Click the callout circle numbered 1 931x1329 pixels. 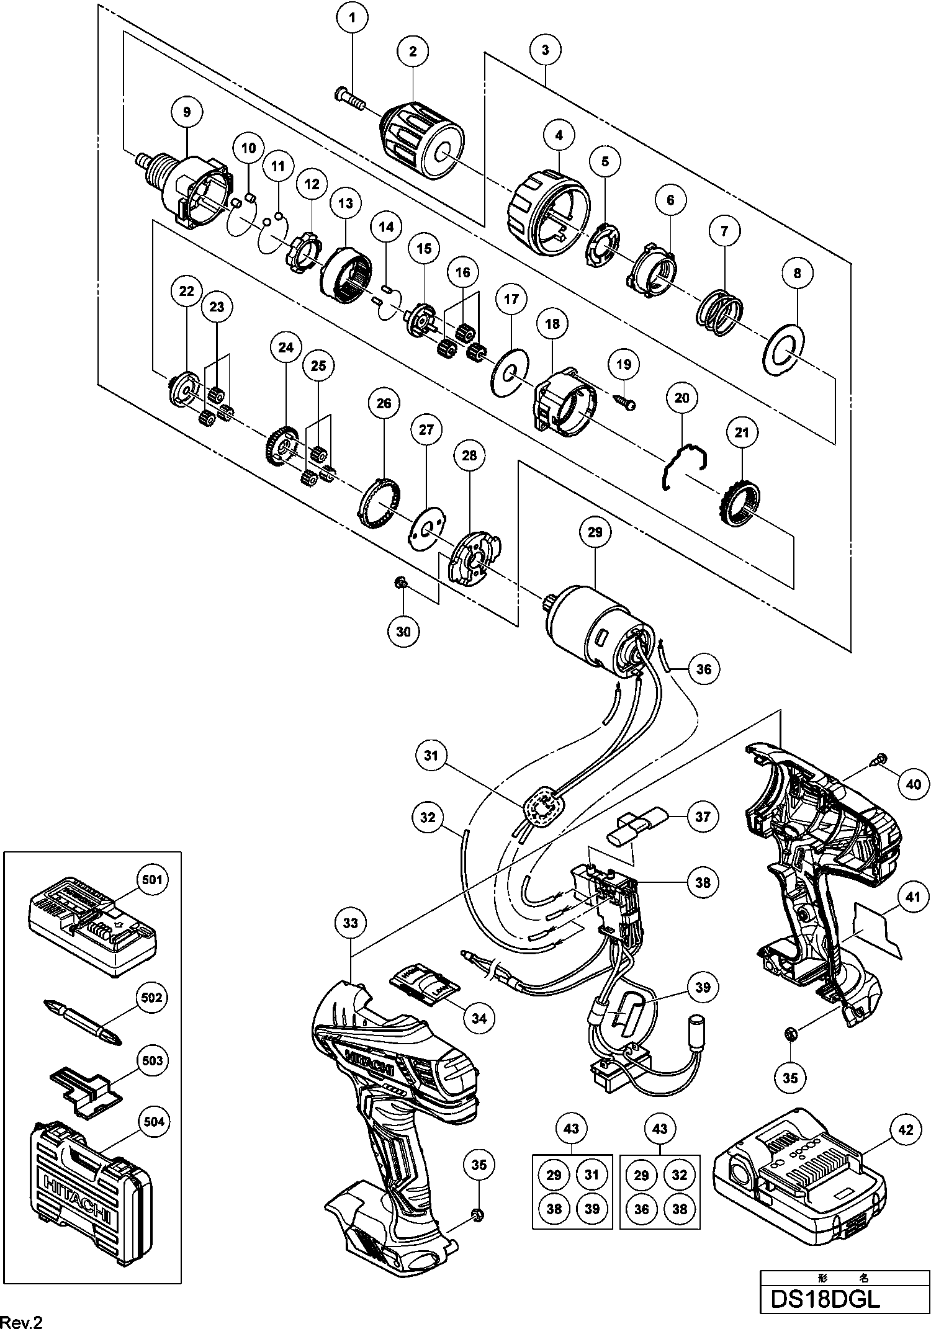352,18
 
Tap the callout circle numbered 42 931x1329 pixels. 906,1130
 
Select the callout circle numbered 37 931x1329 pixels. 702,817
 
